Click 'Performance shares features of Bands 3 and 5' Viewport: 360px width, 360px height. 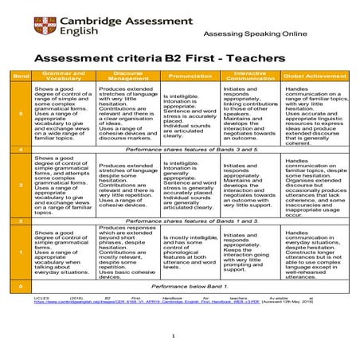coord(190,150)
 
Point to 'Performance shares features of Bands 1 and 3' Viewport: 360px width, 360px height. coord(190,220)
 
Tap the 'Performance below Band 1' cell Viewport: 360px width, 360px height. coord(190,284)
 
